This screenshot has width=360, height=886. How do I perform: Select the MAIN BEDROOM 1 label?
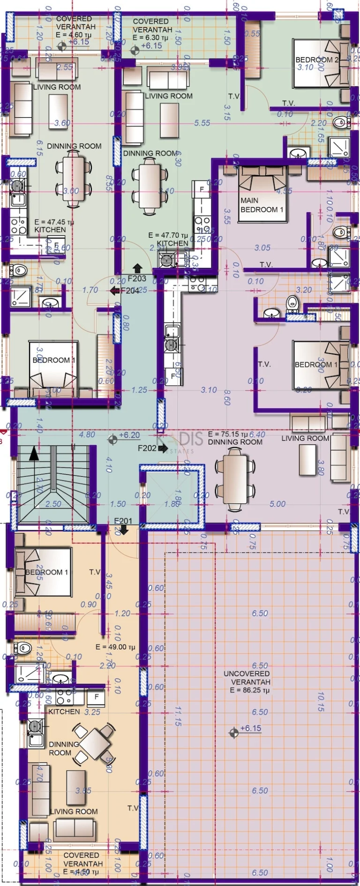pyautogui.click(x=262, y=205)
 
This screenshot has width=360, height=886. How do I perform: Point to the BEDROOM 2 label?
pyautogui.click(x=317, y=60)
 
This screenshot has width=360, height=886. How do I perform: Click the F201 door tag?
pyautogui.click(x=123, y=521)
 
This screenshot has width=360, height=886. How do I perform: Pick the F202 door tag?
pyautogui.click(x=147, y=448)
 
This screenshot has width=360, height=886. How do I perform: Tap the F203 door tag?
pyautogui.click(x=137, y=278)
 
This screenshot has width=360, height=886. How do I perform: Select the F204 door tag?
pyautogui.click(x=130, y=291)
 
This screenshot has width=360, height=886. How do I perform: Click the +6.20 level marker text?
pyautogui.click(x=129, y=435)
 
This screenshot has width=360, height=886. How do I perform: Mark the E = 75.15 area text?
pyautogui.click(x=228, y=434)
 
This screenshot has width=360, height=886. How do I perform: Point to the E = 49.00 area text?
pyautogui.click(x=115, y=647)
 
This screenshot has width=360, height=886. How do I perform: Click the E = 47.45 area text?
pyautogui.click(x=54, y=222)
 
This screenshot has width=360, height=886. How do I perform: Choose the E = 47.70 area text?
pyautogui.click(x=168, y=235)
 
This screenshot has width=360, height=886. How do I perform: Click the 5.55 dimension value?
pyautogui.click(x=202, y=123)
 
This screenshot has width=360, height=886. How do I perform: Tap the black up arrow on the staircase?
pyautogui.click(x=34, y=454)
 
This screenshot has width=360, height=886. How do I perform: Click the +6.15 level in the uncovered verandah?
pyautogui.click(x=250, y=728)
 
